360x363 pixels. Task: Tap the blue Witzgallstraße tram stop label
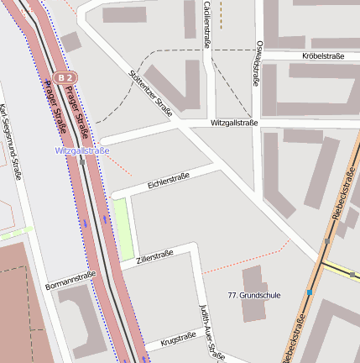click(81, 150)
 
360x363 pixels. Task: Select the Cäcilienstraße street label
click(207, 25)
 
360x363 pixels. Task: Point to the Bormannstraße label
click(71, 280)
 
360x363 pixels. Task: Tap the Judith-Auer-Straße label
click(211, 332)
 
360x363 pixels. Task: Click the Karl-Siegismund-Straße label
click(10, 141)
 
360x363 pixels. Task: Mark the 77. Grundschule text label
click(254, 295)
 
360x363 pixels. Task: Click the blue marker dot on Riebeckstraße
click(310, 292)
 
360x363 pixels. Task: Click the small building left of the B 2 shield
click(71, 41)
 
